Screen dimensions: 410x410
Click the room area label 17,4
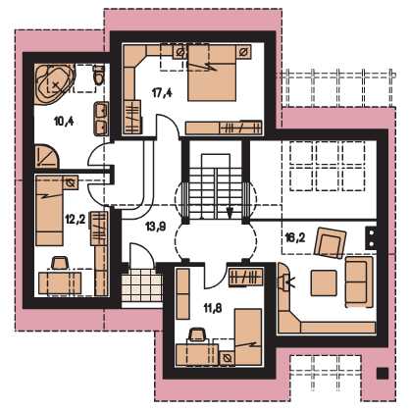(162, 93)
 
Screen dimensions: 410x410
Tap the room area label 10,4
(64, 122)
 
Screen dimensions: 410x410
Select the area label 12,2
(76, 219)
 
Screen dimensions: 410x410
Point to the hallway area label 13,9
(156, 227)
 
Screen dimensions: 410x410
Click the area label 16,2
(295, 237)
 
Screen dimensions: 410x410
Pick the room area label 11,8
(213, 308)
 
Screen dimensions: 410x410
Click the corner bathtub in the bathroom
(55, 84)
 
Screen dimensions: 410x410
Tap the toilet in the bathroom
(98, 76)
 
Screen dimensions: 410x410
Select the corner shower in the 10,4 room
(47, 156)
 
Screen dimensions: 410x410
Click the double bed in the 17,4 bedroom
(212, 73)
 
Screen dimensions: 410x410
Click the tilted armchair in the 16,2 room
(330, 242)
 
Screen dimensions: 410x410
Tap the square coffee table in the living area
(324, 283)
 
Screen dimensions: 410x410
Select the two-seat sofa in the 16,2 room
(359, 282)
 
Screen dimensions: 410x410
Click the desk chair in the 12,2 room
(60, 263)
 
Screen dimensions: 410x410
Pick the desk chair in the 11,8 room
(198, 335)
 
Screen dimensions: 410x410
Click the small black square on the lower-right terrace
(383, 374)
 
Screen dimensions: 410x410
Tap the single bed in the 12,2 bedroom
(49, 211)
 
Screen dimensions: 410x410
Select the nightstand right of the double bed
(244, 52)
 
